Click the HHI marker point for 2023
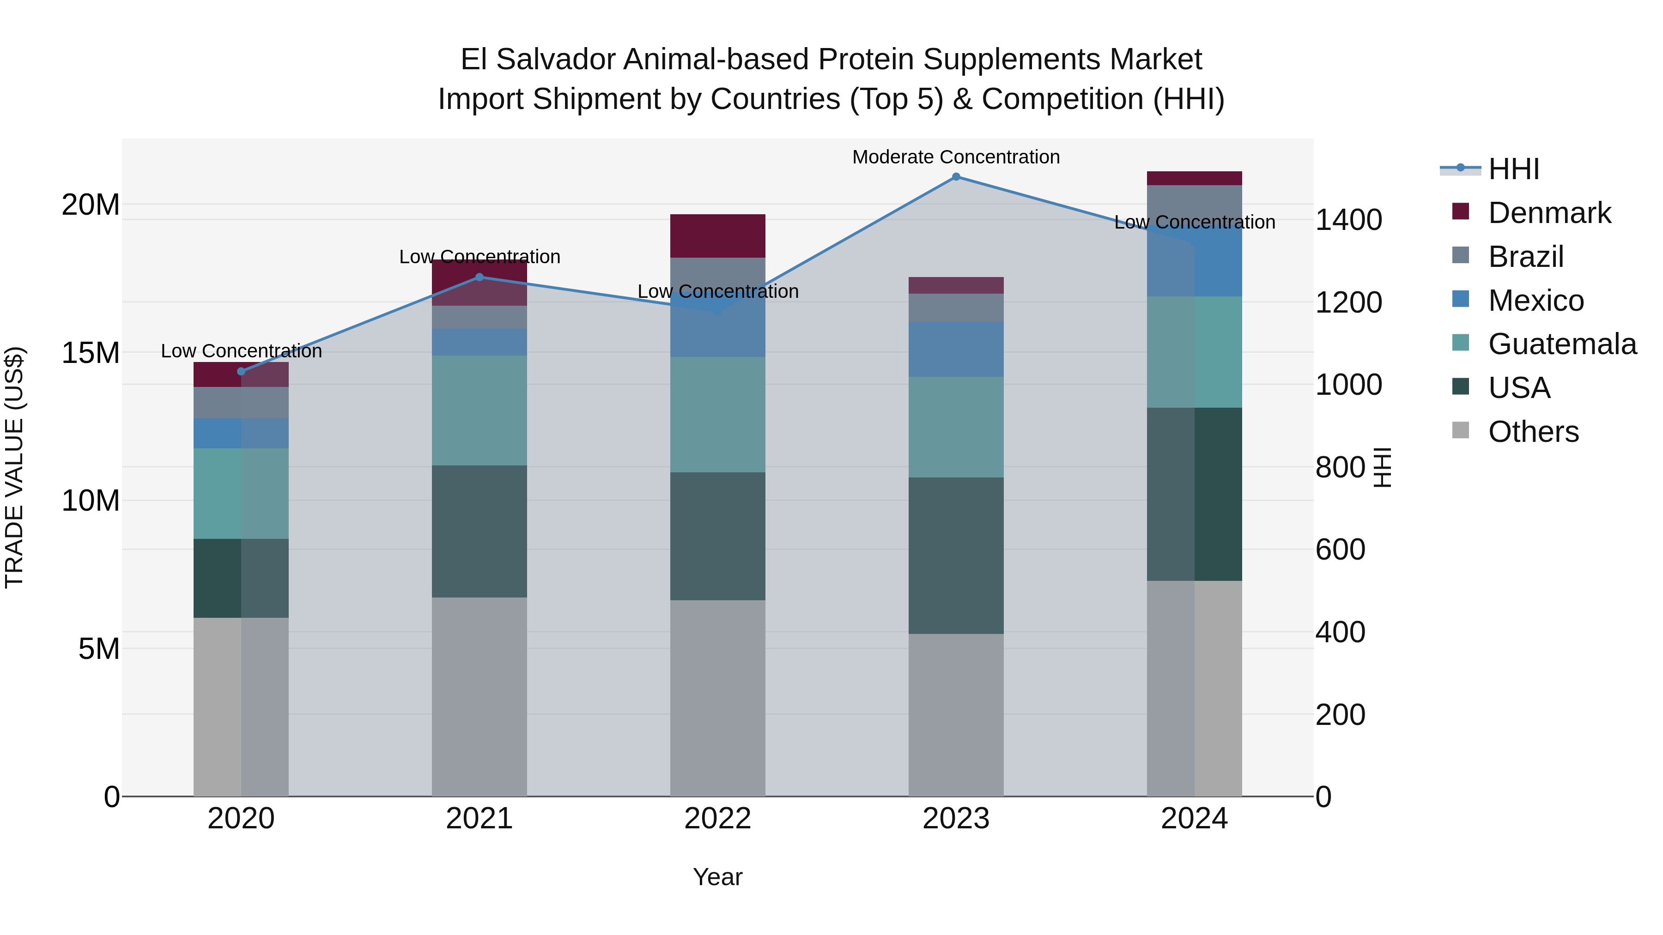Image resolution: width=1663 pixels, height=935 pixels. (x=956, y=177)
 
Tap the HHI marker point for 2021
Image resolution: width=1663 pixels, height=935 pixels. (x=479, y=277)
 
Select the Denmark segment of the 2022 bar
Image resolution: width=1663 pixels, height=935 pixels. (x=717, y=235)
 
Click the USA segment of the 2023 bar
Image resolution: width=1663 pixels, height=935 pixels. (x=956, y=555)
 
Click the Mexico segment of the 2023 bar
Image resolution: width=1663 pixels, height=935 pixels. (x=956, y=349)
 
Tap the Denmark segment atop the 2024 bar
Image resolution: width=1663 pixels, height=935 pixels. (x=1194, y=178)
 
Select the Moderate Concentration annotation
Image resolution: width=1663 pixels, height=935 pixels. (x=956, y=157)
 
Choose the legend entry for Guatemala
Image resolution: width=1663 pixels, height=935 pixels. (x=1562, y=344)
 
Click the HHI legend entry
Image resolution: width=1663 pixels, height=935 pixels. (x=1513, y=169)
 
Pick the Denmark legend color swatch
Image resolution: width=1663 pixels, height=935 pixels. (x=1460, y=211)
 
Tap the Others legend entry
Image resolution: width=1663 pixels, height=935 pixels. (x=1533, y=432)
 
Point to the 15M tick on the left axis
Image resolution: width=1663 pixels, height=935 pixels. (x=91, y=353)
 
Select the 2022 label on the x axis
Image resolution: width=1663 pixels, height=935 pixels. (x=717, y=819)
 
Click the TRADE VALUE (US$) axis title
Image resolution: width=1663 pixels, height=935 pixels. (x=14, y=467)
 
